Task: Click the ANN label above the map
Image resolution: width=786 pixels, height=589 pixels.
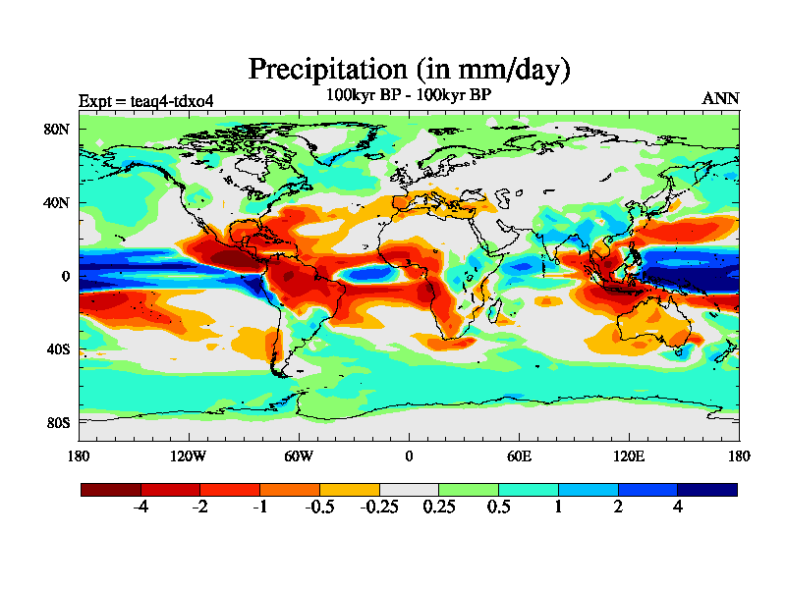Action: (720, 98)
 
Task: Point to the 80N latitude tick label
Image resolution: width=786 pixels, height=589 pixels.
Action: (56, 130)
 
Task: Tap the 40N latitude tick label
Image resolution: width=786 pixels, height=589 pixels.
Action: (56, 203)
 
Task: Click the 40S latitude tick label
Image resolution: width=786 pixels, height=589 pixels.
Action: (57, 349)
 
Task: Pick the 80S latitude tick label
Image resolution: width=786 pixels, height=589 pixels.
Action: (57, 422)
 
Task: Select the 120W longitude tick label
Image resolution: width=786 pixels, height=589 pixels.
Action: (189, 455)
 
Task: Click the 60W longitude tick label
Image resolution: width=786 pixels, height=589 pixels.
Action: (299, 455)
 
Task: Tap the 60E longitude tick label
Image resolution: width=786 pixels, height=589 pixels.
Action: (519, 455)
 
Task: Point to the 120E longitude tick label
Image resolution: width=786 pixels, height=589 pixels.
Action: (629, 455)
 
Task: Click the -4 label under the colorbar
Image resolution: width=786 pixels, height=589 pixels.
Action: (140, 508)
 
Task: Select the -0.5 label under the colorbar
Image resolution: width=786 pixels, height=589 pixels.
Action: (319, 508)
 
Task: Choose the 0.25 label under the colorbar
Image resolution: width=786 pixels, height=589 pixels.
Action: (439, 508)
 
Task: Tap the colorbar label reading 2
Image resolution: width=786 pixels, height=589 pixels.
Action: (618, 508)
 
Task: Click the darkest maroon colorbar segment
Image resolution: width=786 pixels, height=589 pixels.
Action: (111, 489)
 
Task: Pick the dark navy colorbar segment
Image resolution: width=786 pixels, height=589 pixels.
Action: (707, 489)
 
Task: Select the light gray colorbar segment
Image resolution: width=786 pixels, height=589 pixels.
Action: (409, 489)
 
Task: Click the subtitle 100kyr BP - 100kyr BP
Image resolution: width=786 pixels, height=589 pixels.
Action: (409, 94)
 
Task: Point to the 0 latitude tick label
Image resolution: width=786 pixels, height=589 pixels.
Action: (65, 277)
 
